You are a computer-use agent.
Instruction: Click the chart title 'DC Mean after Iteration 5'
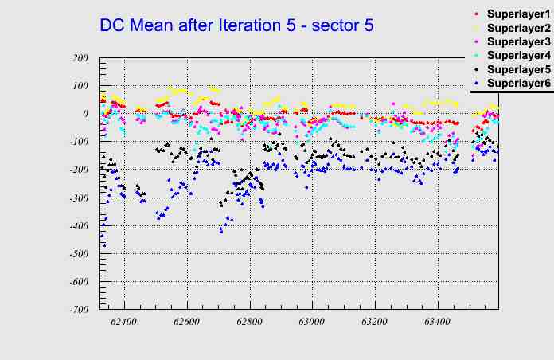click(236, 25)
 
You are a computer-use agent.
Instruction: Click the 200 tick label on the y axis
click(79, 58)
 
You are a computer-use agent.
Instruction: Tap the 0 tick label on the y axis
click(84, 114)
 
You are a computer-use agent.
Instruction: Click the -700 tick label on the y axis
click(77, 310)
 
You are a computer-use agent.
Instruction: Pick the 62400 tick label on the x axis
click(124, 322)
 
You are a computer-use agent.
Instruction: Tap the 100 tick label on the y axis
click(79, 86)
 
